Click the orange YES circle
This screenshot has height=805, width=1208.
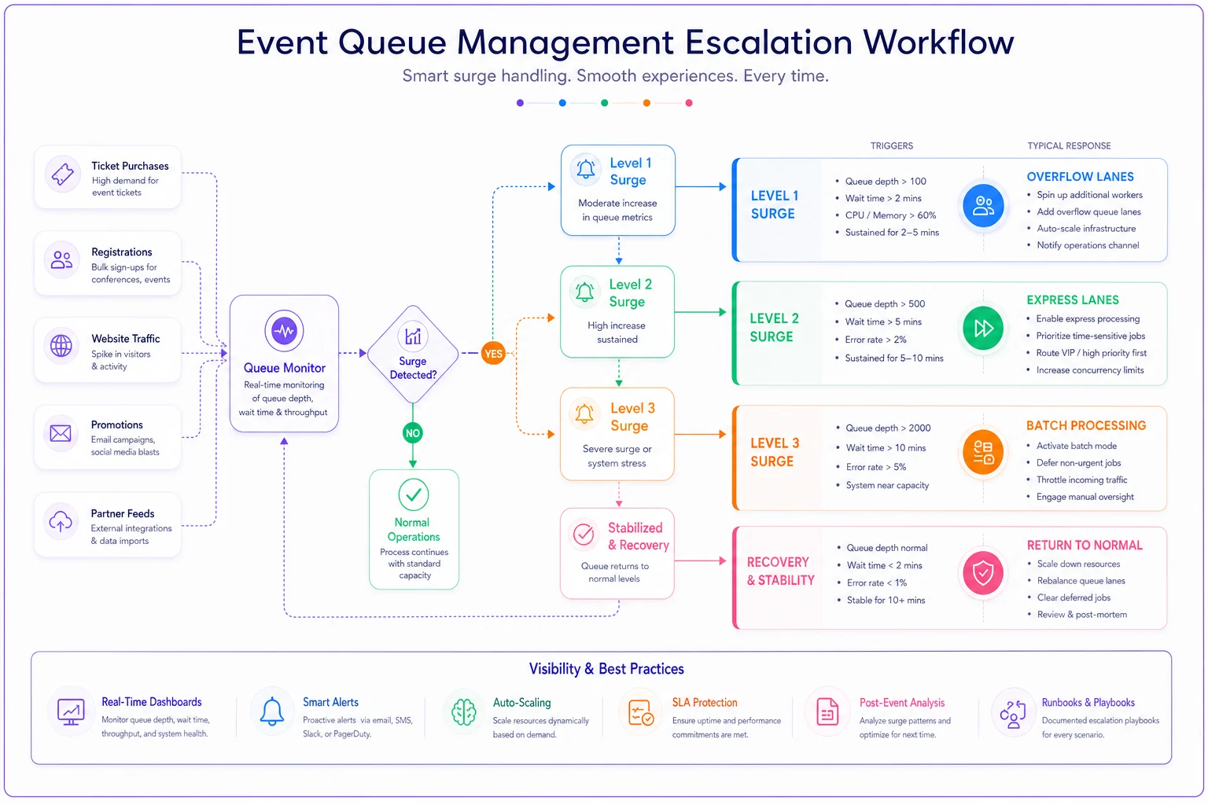pos(493,354)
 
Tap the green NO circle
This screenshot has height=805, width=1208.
pos(413,433)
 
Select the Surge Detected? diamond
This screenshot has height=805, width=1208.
pos(413,355)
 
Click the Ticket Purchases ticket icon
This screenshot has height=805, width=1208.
pos(63,175)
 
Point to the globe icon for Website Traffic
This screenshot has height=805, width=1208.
pos(61,346)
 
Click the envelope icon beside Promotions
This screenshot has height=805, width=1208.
pos(61,433)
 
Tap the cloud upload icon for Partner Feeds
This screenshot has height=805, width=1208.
pos(61,521)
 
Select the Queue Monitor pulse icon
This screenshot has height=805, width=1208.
pos(284,330)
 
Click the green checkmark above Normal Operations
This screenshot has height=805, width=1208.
pos(414,494)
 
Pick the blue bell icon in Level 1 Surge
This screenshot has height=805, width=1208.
pos(586,169)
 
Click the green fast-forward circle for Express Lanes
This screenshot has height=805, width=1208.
pos(983,328)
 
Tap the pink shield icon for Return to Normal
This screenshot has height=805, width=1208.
pos(983,572)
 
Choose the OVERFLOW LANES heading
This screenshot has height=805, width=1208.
pos(1080,177)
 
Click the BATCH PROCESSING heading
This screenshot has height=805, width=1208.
pos(1085,425)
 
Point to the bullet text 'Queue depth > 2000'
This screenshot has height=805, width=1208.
pos(888,428)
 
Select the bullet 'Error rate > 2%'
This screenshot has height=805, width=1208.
pos(875,340)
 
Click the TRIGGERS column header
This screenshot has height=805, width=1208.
pos(891,145)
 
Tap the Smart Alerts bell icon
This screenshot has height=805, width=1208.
pos(272,711)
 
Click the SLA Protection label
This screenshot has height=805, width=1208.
pos(705,703)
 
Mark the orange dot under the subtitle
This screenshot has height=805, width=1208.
pos(646,103)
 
